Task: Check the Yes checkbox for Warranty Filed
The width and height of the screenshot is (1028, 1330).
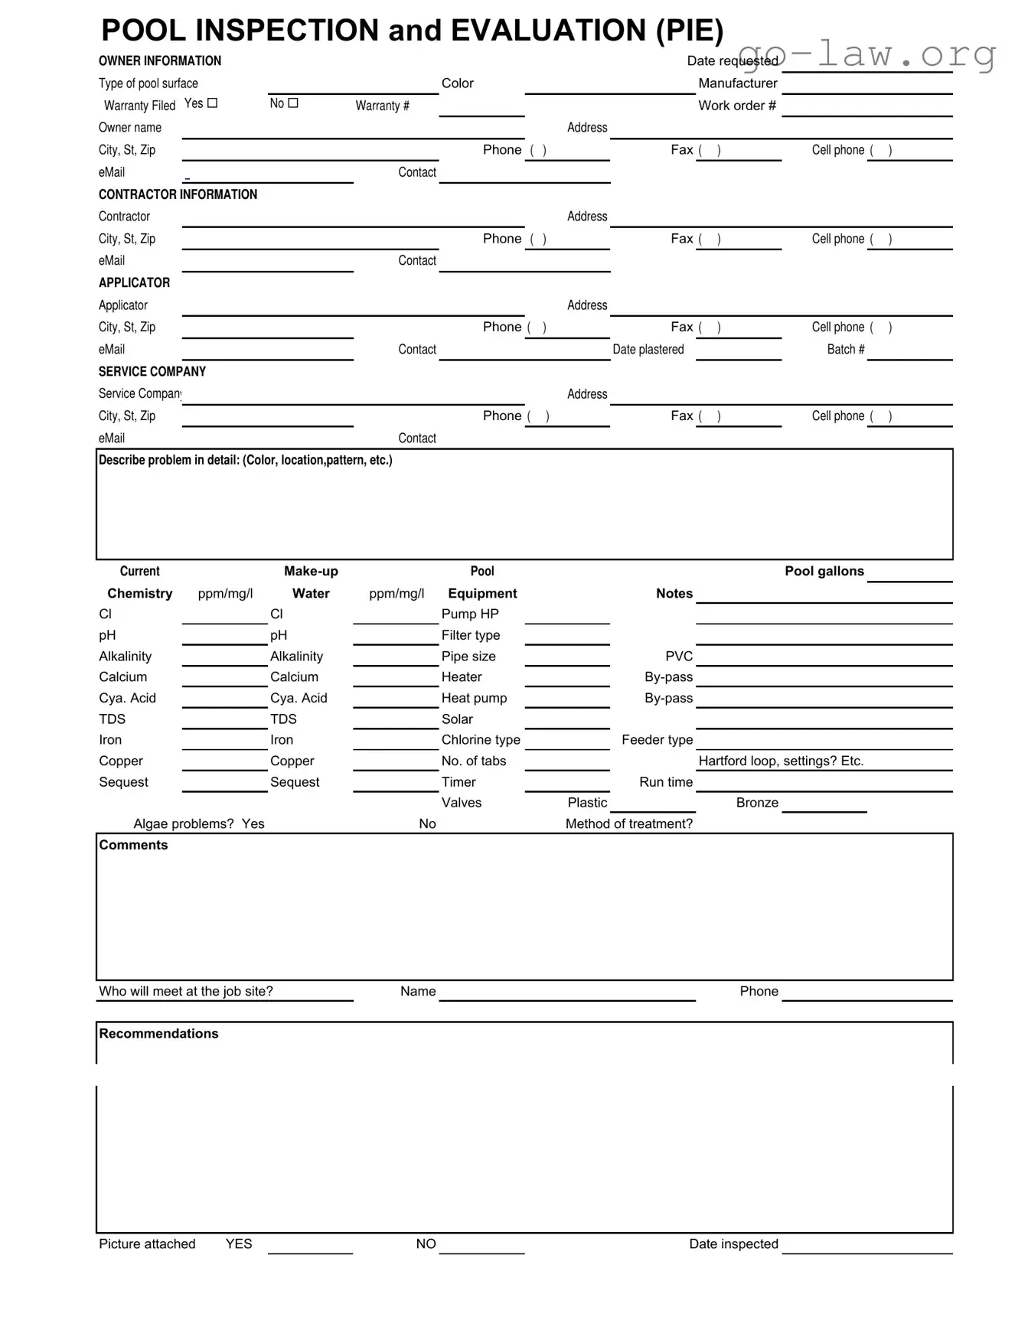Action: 213,103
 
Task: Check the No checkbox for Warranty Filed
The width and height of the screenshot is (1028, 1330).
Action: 293,103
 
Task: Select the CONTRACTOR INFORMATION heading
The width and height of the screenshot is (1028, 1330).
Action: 178,194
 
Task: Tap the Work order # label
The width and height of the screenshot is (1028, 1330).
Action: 737,106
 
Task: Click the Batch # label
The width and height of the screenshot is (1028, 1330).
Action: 846,349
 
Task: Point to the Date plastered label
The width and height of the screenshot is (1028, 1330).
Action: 648,349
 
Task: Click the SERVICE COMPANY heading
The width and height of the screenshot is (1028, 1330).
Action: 152,371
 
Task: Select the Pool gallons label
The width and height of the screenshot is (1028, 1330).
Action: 824,571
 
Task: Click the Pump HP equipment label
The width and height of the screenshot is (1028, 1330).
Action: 470,614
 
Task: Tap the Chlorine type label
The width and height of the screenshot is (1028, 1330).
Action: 481,739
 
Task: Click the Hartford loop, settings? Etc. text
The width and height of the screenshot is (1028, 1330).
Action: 781,761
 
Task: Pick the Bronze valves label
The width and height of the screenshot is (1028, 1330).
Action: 757,802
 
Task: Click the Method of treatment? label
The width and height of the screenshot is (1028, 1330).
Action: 628,823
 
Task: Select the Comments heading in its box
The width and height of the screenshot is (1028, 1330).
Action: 133,845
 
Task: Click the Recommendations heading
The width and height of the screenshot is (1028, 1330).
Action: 158,1033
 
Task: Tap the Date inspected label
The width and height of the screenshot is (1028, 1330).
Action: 733,1244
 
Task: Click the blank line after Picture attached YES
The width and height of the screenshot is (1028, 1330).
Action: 310,1246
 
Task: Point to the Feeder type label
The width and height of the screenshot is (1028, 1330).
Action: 657,739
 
